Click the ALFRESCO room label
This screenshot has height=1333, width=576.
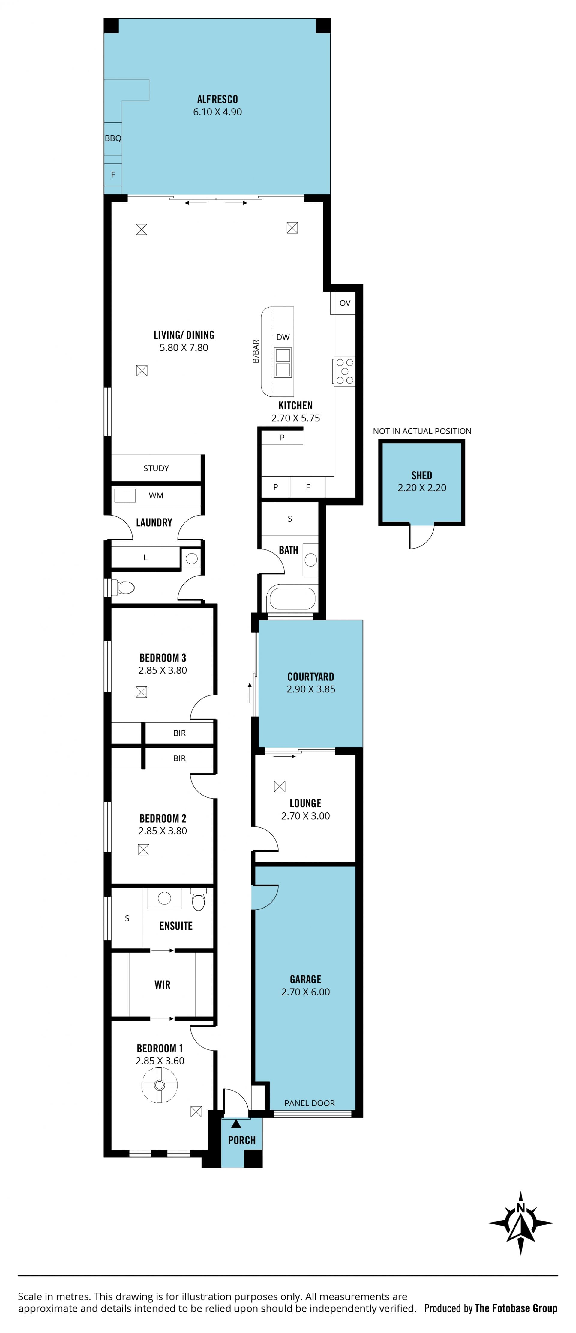[x=217, y=99]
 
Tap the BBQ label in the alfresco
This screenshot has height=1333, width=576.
[x=113, y=138]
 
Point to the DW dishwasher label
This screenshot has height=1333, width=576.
[x=283, y=337]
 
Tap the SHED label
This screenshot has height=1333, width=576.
[x=421, y=475]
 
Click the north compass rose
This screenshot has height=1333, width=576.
[x=520, y=1223]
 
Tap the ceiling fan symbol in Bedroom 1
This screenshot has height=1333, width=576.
[x=160, y=1085]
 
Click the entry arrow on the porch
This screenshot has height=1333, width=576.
[x=236, y=1123]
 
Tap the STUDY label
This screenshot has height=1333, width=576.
[x=156, y=468]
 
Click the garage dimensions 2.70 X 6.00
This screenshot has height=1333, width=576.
[x=306, y=992]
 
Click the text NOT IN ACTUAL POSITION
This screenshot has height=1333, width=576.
[x=422, y=431]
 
